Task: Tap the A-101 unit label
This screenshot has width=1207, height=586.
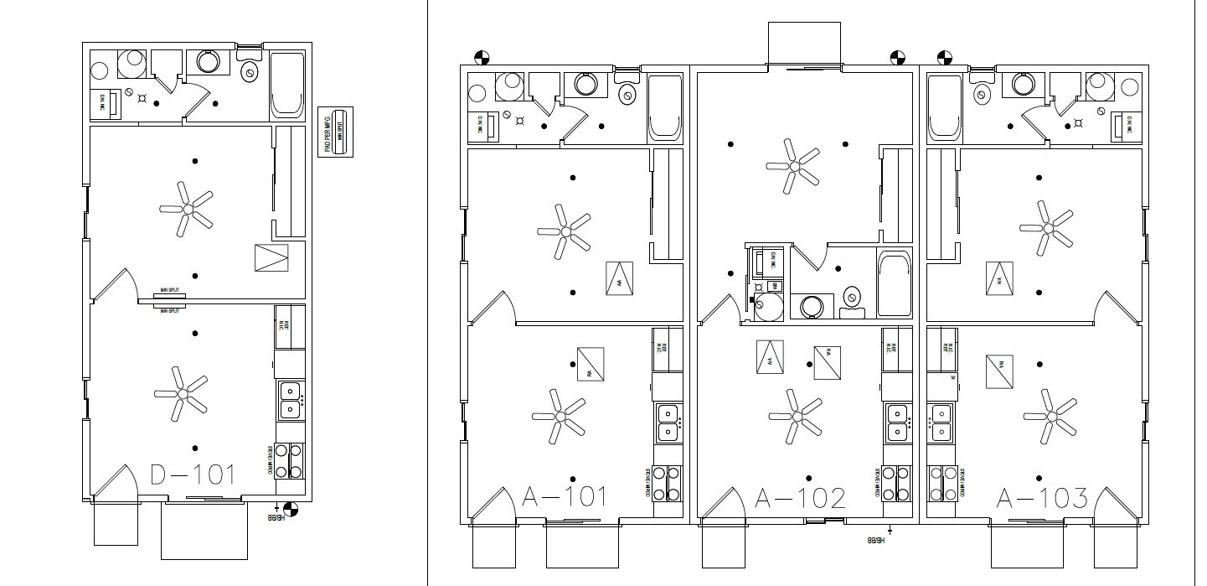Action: click(x=564, y=497)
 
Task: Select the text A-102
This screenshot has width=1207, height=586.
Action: click(x=799, y=497)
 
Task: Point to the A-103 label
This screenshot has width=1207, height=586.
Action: click(x=1042, y=498)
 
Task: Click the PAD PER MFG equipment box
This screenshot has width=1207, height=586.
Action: click(x=337, y=132)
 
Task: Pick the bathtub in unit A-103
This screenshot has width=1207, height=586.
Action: click(x=945, y=108)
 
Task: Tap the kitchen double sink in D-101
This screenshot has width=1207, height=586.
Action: click(x=290, y=400)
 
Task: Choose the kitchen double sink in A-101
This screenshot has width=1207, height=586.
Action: click(x=668, y=423)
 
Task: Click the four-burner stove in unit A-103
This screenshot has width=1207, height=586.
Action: click(x=943, y=483)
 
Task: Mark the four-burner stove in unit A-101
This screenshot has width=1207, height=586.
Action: click(x=668, y=483)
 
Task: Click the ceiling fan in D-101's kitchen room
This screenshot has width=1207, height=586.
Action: click(x=180, y=392)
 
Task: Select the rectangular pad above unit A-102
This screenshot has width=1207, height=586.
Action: click(x=803, y=43)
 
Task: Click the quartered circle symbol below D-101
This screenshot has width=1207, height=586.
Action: click(x=290, y=508)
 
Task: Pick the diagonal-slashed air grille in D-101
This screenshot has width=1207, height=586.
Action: click(x=271, y=257)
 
